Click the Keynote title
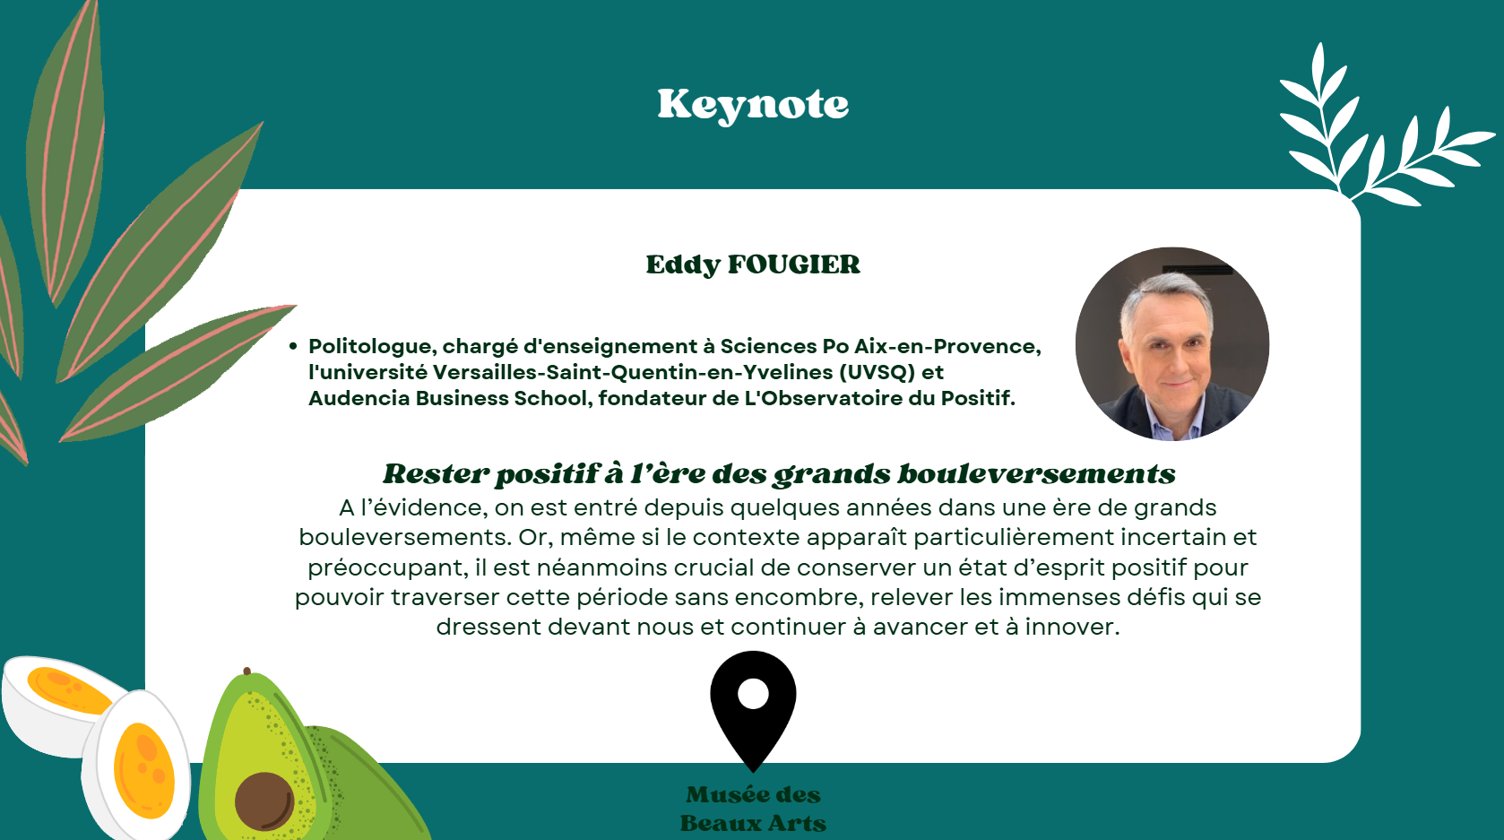(x=753, y=106)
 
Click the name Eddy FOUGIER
(x=753, y=264)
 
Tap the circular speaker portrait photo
(x=1172, y=343)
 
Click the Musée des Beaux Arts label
(x=753, y=810)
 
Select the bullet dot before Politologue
(x=293, y=346)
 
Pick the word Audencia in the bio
(x=359, y=398)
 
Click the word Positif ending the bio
(x=978, y=398)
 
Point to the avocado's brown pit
(x=264, y=801)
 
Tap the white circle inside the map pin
(x=753, y=694)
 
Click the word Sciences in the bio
(x=768, y=346)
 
